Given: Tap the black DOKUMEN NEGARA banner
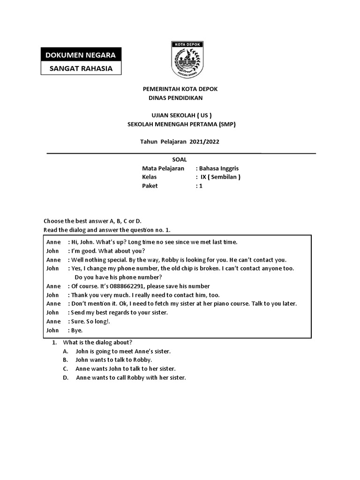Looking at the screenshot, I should [80, 55].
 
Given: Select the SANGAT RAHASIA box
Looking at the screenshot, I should [80, 68].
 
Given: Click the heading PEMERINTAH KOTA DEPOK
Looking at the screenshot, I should [180, 89].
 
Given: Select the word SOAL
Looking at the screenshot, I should [180, 160].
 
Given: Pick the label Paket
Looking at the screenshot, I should [150, 186].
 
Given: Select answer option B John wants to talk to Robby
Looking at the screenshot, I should [113, 360].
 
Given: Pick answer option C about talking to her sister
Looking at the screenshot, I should [125, 369].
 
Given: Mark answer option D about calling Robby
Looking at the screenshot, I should [131, 378].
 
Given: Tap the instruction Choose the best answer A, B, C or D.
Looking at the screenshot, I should [92, 221].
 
